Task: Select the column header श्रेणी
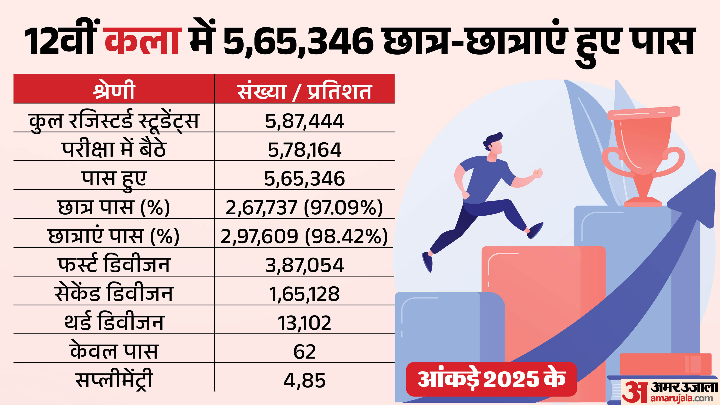click(x=114, y=90)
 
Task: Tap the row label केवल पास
click(x=114, y=351)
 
